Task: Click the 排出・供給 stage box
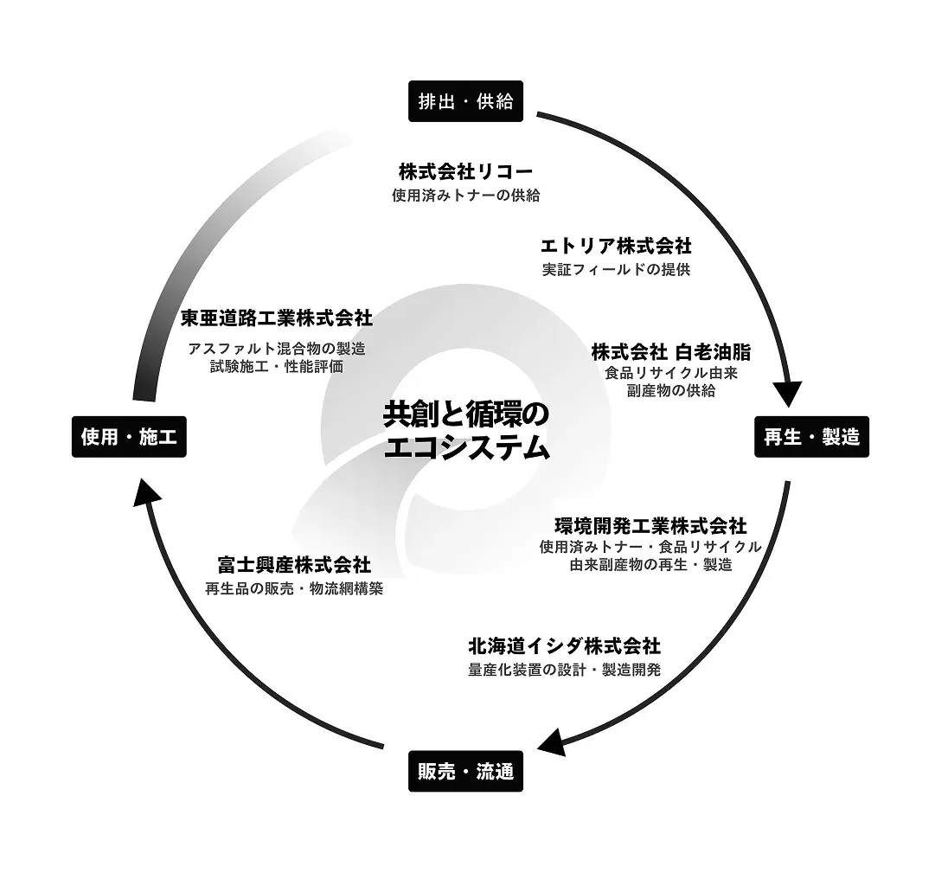pos(465,101)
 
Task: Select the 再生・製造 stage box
pos(811,437)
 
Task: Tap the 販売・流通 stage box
pos(465,771)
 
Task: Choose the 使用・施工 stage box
pos(129,437)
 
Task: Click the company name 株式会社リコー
pos(465,171)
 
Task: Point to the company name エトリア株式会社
pos(616,246)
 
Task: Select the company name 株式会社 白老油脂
pos(671,352)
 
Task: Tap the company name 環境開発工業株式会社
pos(650,526)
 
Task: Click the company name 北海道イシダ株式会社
pos(564,645)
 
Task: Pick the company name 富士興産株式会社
pos(294,565)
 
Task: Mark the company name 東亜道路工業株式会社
pos(277,318)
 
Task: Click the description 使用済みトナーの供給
pos(465,195)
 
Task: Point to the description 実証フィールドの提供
pos(616,270)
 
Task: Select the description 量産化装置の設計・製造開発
pos(564,670)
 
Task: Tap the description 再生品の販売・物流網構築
pos(294,588)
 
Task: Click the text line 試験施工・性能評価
pos(277,366)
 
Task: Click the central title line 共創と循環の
pos(465,414)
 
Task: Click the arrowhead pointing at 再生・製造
pos(788,395)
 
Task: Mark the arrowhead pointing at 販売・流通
pos(552,741)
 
